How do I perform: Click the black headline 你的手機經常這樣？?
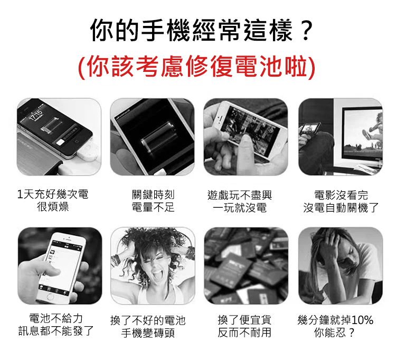pyautogui.click(x=202, y=30)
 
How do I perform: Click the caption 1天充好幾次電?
pyautogui.click(x=53, y=194)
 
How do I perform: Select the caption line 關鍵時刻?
pyautogui.click(x=153, y=195)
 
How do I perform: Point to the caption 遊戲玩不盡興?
pyautogui.click(x=239, y=195)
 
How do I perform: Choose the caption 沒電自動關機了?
pyautogui.click(x=341, y=208)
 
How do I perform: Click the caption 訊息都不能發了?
pyautogui.click(x=56, y=331)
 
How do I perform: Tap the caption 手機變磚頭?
pyautogui.click(x=148, y=333)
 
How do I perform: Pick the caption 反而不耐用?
pyautogui.click(x=244, y=332)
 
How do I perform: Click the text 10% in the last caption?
pyautogui.click(x=362, y=320)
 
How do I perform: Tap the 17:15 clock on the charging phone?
pyautogui.click(x=36, y=115)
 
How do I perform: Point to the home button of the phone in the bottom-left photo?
pyautogui.click(x=50, y=297)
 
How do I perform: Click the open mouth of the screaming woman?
pyautogui.click(x=157, y=274)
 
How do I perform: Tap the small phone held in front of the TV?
pyautogui.click(x=310, y=128)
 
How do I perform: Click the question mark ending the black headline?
pyautogui.click(x=306, y=30)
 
